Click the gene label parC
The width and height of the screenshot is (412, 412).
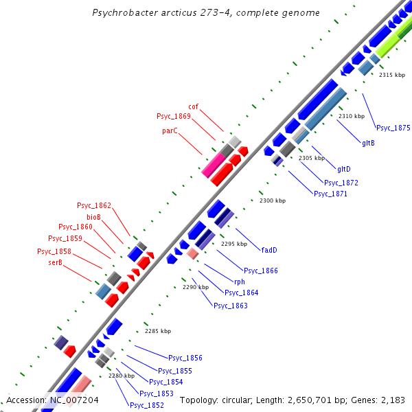(x=170, y=130)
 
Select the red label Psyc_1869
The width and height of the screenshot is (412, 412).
(x=173, y=116)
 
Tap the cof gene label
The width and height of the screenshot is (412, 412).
(x=194, y=106)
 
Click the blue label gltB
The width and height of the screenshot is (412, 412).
(x=368, y=143)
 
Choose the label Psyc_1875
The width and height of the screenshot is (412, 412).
(x=393, y=128)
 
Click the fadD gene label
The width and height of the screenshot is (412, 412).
(x=269, y=249)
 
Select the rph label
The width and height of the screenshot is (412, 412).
(x=240, y=282)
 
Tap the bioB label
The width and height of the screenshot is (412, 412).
(x=93, y=216)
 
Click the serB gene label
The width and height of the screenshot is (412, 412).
(x=56, y=262)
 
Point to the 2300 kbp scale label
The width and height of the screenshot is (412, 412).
(x=271, y=201)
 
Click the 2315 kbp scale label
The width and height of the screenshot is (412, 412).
(x=391, y=75)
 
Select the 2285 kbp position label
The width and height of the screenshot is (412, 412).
(x=157, y=331)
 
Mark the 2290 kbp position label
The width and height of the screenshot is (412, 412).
(x=195, y=287)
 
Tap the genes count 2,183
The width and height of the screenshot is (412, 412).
(x=391, y=400)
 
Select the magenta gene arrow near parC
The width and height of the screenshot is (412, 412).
(x=214, y=165)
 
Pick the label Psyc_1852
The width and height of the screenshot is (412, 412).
(x=146, y=405)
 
